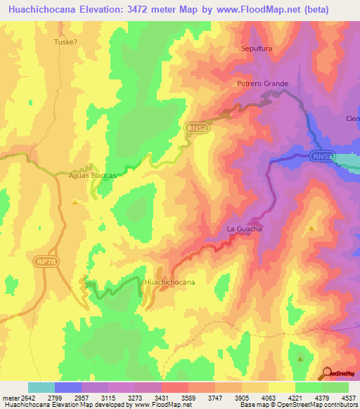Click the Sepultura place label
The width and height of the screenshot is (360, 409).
[x=256, y=48]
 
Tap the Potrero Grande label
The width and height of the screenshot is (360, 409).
[x=262, y=84]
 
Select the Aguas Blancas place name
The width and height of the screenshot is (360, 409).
[x=92, y=175]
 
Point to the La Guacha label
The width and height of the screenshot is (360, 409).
[x=244, y=229]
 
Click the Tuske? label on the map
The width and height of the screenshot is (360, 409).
[x=65, y=41]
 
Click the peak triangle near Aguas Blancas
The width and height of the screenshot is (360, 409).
[x=75, y=203]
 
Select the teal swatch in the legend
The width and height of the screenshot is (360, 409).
[x=41, y=387]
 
